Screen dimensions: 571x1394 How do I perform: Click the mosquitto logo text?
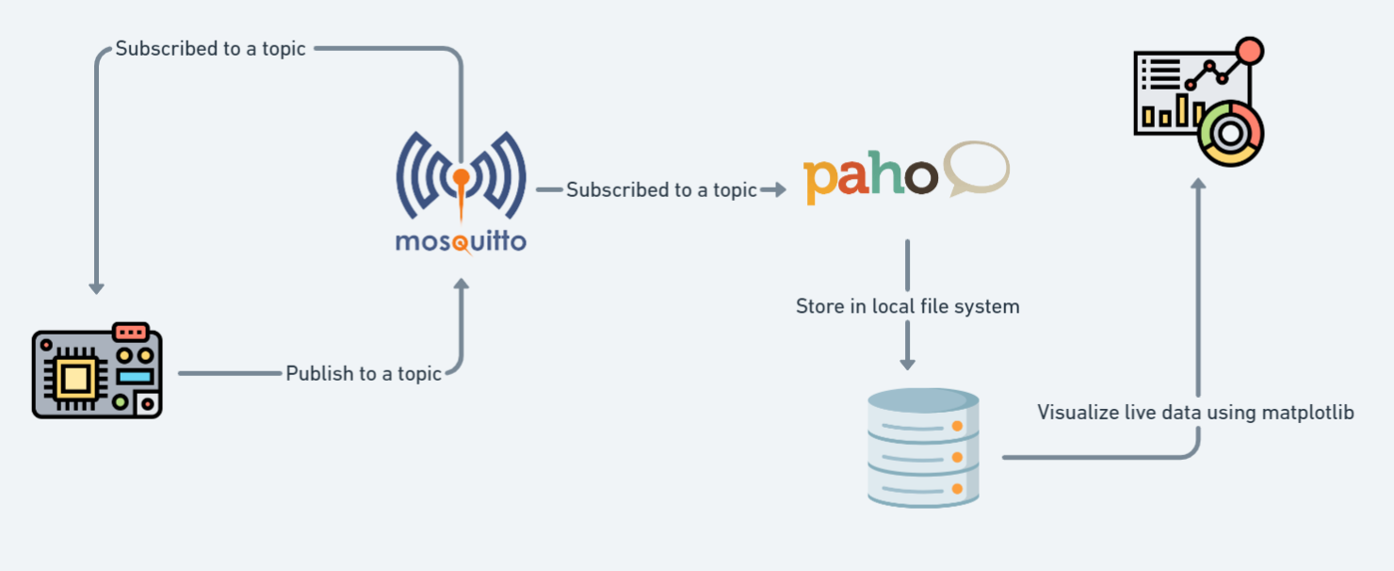(461, 242)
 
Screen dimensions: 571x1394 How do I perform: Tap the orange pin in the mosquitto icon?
(460, 177)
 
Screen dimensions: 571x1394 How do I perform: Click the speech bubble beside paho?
(977, 168)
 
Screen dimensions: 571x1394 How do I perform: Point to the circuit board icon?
(97, 372)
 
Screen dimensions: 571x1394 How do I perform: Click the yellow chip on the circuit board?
(76, 379)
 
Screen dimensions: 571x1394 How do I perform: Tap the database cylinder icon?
(923, 448)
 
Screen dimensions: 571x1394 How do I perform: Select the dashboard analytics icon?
(1197, 102)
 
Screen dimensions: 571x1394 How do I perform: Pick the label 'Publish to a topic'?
(364, 374)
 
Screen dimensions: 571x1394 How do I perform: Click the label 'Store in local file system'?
(907, 306)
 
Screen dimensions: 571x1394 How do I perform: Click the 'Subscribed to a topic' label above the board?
(210, 49)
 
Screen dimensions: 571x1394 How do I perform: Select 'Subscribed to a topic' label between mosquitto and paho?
(661, 190)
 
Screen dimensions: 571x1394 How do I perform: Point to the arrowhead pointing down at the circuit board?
(96, 287)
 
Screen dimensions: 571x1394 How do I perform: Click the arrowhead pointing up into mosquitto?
(461, 284)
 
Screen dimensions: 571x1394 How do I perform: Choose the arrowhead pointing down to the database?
(907, 363)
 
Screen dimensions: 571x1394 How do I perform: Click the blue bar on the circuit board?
(133, 377)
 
